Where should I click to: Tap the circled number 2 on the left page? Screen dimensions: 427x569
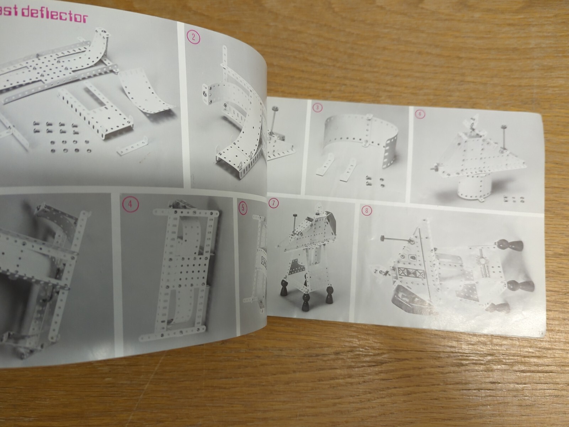point(193,37)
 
